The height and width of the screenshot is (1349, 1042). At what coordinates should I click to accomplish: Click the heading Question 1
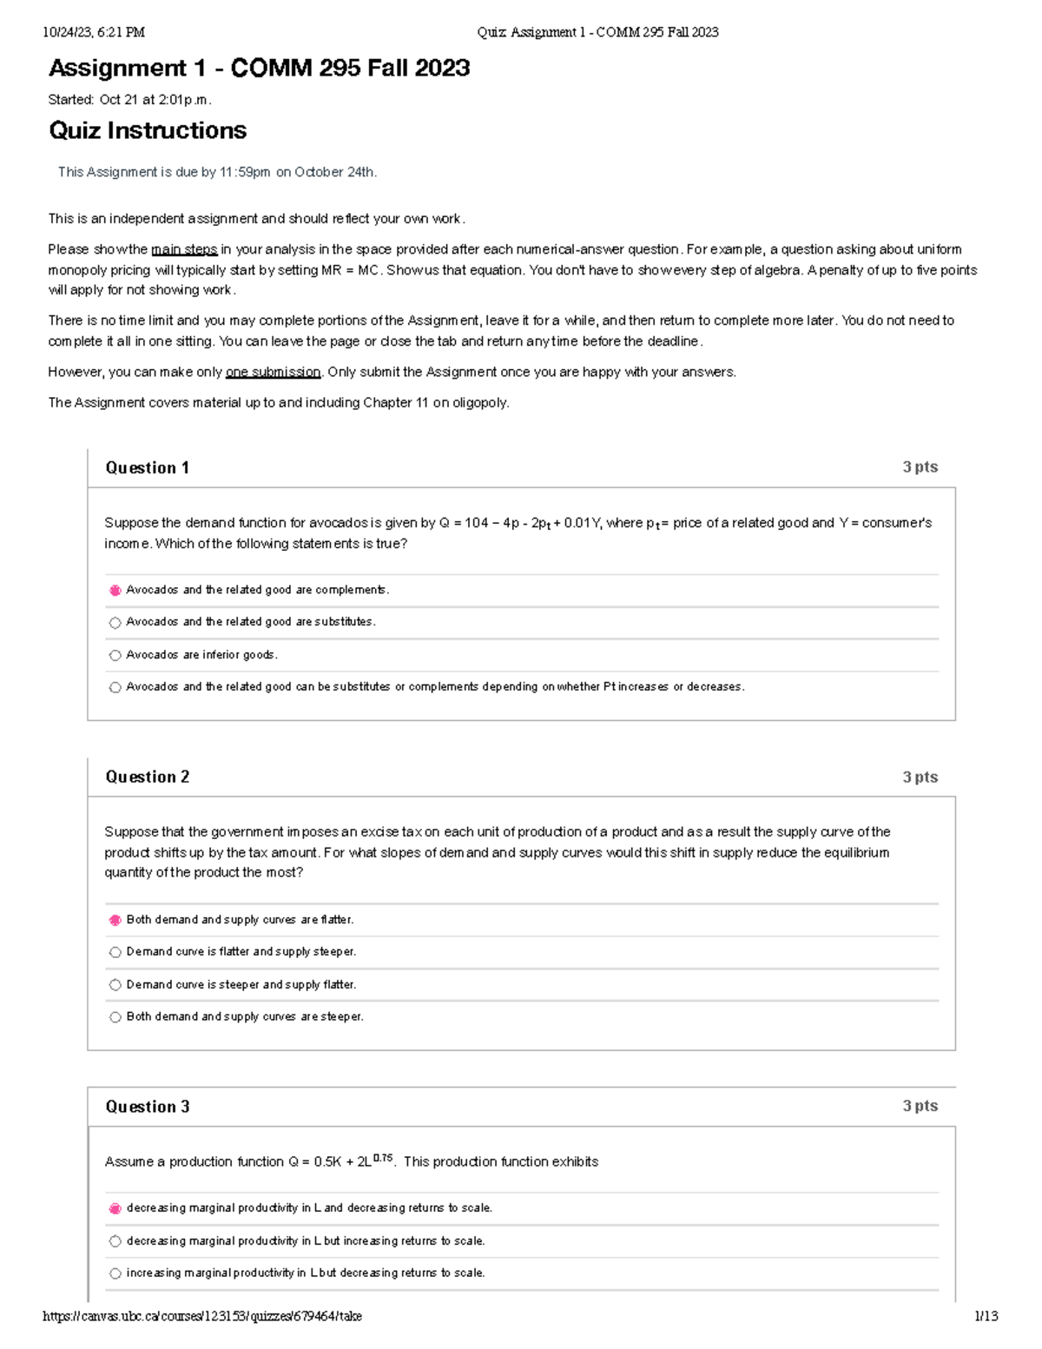coord(147,468)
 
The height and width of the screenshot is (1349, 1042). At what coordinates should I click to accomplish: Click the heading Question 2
coord(147,777)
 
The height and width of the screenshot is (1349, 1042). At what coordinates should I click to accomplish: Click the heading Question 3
coord(147,1107)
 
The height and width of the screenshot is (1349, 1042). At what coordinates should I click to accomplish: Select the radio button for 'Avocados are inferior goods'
coord(115,656)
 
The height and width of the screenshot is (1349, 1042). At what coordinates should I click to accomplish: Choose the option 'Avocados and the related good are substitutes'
coord(115,623)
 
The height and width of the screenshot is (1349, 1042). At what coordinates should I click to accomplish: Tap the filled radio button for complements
coord(115,591)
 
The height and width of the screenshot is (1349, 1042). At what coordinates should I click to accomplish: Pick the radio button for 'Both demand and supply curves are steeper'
coord(115,1017)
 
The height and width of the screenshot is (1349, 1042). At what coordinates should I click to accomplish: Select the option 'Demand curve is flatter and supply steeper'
coord(115,953)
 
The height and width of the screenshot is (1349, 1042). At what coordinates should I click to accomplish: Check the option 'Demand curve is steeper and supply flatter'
coord(115,985)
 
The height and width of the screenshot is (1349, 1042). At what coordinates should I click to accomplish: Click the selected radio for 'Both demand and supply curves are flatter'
coord(115,920)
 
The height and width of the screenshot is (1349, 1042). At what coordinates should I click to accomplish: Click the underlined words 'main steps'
coord(184,250)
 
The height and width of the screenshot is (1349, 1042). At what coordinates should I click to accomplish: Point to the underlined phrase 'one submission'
coord(273,373)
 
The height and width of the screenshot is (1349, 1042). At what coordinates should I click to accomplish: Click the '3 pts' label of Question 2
coord(920,777)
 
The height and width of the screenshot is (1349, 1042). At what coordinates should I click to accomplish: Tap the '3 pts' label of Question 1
coord(920,467)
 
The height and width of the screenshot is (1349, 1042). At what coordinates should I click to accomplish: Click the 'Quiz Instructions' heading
coord(148,131)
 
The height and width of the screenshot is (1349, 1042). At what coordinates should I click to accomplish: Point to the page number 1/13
coord(986,1317)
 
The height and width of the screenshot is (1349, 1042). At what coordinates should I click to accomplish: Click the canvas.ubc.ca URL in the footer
coord(202,1317)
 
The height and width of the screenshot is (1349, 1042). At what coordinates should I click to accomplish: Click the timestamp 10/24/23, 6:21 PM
coord(94,33)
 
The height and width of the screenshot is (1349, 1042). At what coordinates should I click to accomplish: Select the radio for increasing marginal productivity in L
coord(115,1273)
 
